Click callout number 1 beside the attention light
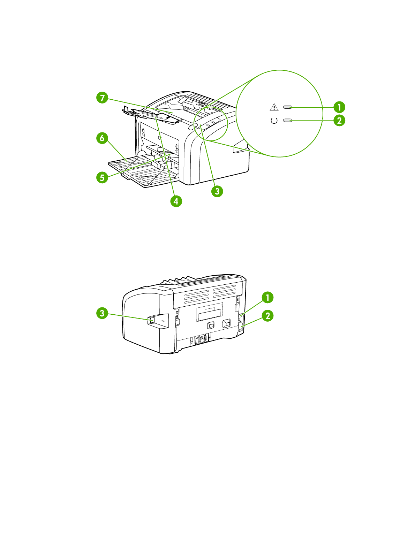pyautogui.click(x=339, y=107)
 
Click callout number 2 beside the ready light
pyautogui.click(x=339, y=121)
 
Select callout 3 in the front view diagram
pyautogui.click(x=217, y=191)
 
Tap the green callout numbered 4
pyautogui.click(x=176, y=201)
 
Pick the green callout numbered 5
pyautogui.click(x=102, y=177)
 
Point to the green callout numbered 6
pyautogui.click(x=102, y=138)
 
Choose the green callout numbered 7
pyautogui.click(x=102, y=98)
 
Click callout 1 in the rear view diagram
pyautogui.click(x=267, y=298)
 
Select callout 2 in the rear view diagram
pyautogui.click(x=267, y=316)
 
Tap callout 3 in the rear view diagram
pyautogui.click(x=102, y=313)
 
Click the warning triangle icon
pyautogui.click(x=274, y=107)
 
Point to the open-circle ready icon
pyautogui.click(x=274, y=121)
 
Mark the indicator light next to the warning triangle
pyautogui.click(x=287, y=107)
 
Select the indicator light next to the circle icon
pyautogui.click(x=287, y=121)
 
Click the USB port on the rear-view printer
pyautogui.click(x=152, y=320)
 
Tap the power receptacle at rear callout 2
pyautogui.click(x=240, y=327)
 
